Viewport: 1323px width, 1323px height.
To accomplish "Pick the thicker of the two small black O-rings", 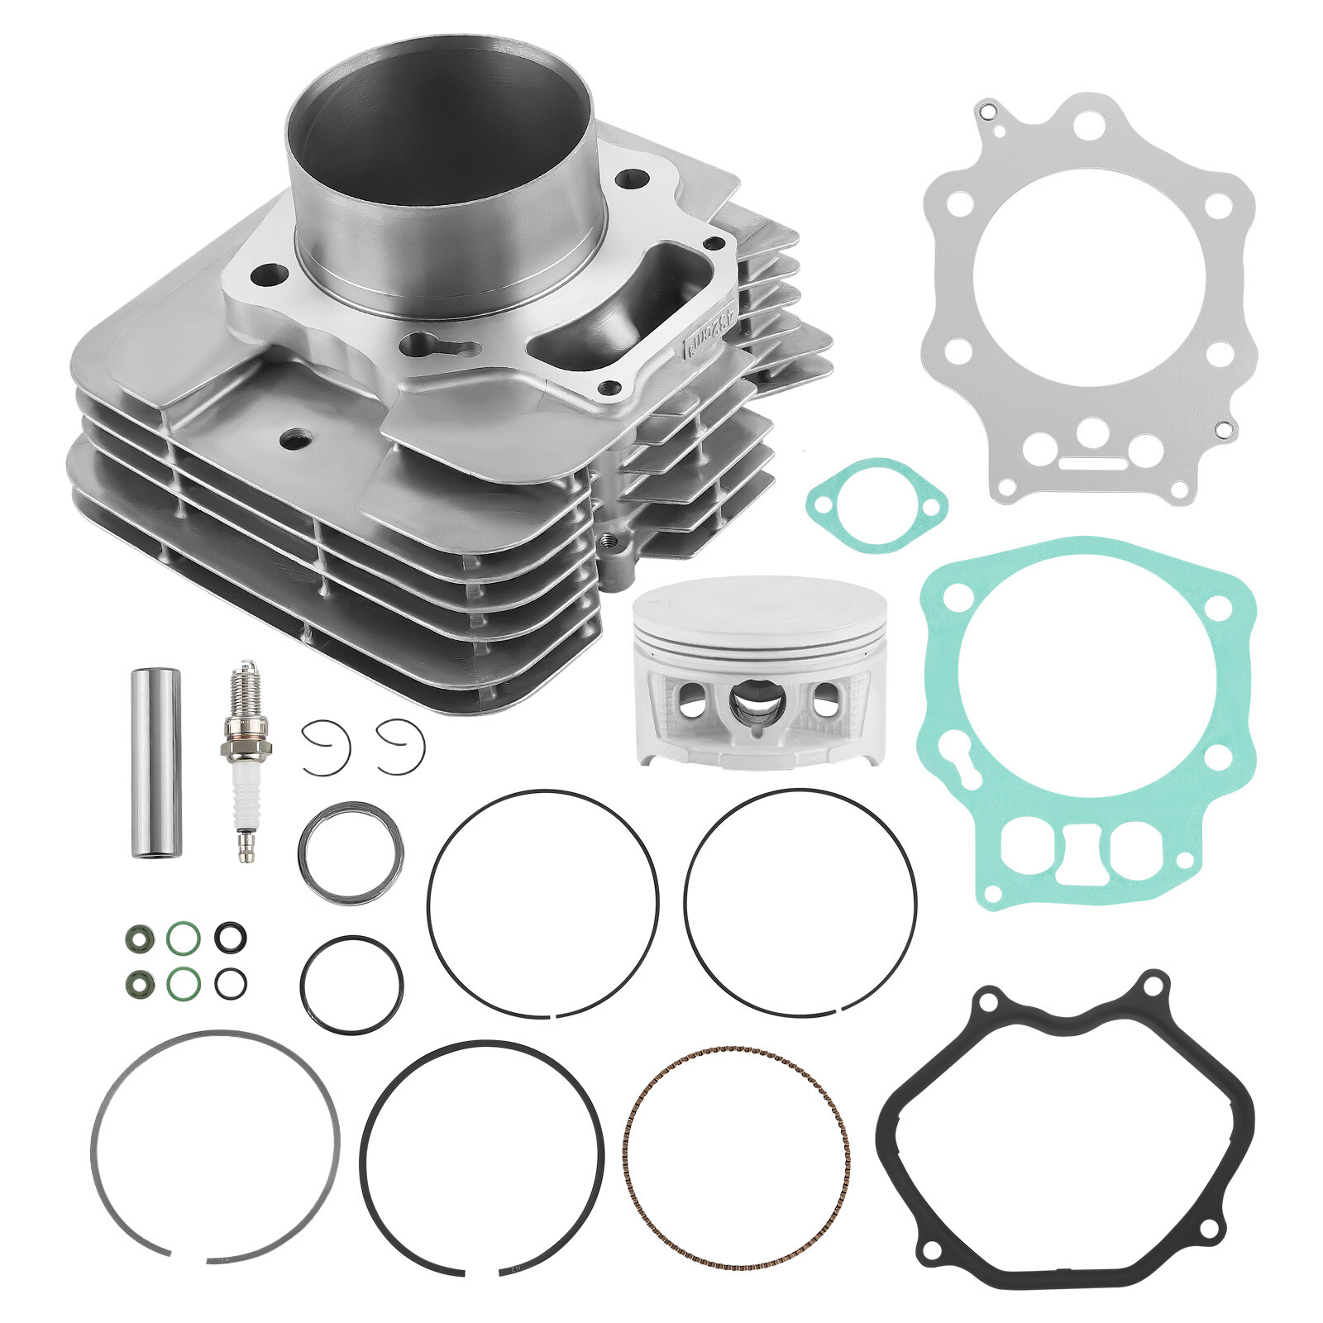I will [230, 937].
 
